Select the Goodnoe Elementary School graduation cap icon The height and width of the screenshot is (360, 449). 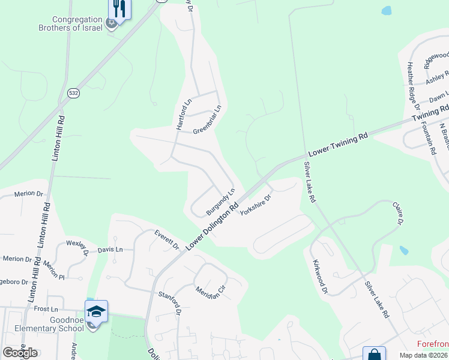pyautogui.click(x=96, y=311)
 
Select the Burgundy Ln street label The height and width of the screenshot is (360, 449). pyautogui.click(x=219, y=203)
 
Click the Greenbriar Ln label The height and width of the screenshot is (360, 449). pyautogui.click(x=207, y=120)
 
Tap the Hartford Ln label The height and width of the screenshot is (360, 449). pyautogui.click(x=183, y=114)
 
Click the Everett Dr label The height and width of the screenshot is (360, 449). pyautogui.click(x=166, y=239)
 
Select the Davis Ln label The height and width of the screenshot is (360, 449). pyautogui.click(x=110, y=249)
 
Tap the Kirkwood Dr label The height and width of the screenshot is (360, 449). pyautogui.click(x=320, y=277)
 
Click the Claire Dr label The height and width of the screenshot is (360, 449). pyautogui.click(x=397, y=214)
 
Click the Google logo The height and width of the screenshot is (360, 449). pyautogui.click(x=20, y=352)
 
